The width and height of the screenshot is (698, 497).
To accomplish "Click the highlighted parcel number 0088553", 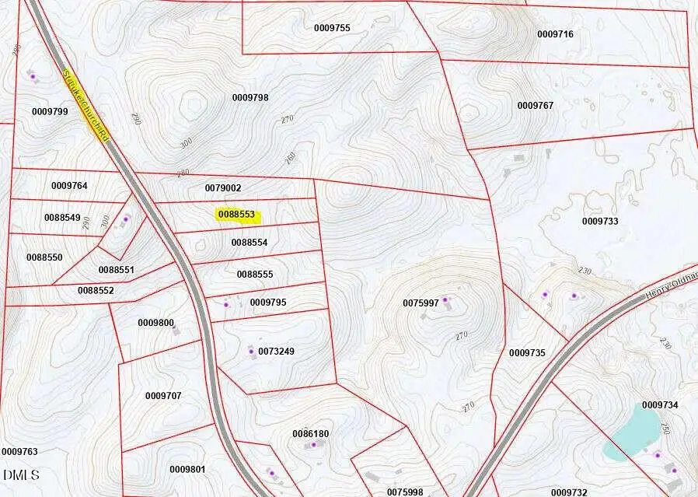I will click(x=237, y=215).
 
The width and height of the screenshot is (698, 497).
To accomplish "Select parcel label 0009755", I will click(x=332, y=28).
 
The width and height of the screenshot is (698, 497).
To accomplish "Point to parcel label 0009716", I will click(x=555, y=34).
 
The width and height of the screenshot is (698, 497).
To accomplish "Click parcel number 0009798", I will click(x=250, y=97).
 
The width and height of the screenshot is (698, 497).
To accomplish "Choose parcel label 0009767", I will click(x=536, y=106).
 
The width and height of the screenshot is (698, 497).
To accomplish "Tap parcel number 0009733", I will click(x=600, y=221).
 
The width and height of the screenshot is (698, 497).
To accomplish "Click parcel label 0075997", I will click(x=421, y=303).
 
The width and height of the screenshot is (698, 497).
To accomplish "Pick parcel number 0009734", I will click(x=660, y=405).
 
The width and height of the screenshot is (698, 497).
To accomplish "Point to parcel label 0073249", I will click(x=276, y=352).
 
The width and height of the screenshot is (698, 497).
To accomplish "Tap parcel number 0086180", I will click(x=310, y=433).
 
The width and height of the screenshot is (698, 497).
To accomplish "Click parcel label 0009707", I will click(x=163, y=396).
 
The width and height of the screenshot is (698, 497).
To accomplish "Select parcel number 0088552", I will click(x=96, y=290).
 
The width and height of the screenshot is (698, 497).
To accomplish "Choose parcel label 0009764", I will click(x=69, y=186).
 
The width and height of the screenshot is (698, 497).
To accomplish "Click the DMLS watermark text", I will click(x=21, y=474).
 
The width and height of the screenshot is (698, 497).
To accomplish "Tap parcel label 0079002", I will click(x=223, y=188).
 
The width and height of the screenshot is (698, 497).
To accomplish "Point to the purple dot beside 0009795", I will click(x=226, y=305).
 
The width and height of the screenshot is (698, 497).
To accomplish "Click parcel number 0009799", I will click(x=50, y=112).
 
